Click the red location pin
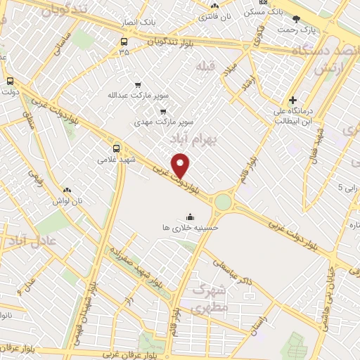tap(181, 166)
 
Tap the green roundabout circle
tap(223, 202)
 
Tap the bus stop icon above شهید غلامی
tap(116, 148)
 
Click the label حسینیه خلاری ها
tap(191, 228)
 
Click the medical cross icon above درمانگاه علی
tap(293, 101)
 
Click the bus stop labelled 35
tap(124, 51)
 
